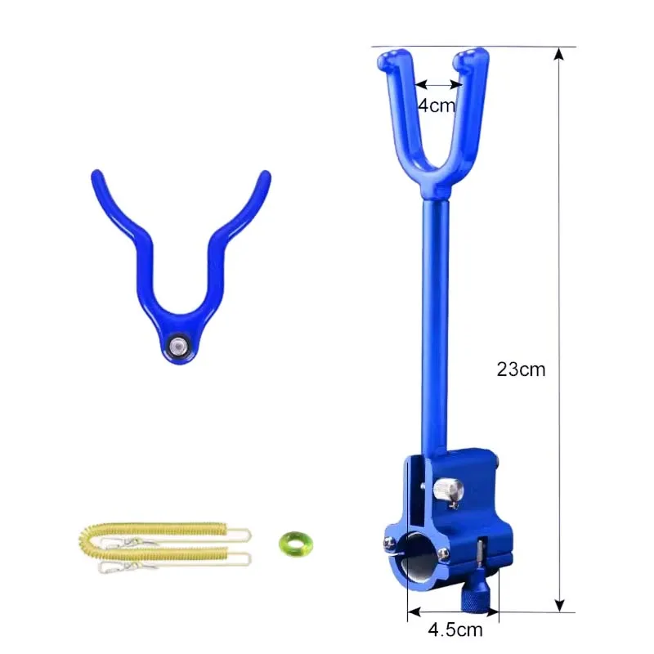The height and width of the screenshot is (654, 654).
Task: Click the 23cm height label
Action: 521,369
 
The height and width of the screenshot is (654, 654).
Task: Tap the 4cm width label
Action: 437,105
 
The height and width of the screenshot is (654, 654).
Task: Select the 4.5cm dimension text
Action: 455,629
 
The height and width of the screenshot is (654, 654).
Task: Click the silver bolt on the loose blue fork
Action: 177,346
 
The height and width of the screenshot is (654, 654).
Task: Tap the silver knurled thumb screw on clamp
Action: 448,490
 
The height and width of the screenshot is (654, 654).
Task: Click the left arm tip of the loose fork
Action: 96,175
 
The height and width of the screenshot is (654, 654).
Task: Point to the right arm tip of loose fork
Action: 264,175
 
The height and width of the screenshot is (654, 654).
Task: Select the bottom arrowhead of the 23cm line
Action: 559,606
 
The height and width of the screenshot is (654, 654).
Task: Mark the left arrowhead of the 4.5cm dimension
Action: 411,611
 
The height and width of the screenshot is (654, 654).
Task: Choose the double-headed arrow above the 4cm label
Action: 438,83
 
